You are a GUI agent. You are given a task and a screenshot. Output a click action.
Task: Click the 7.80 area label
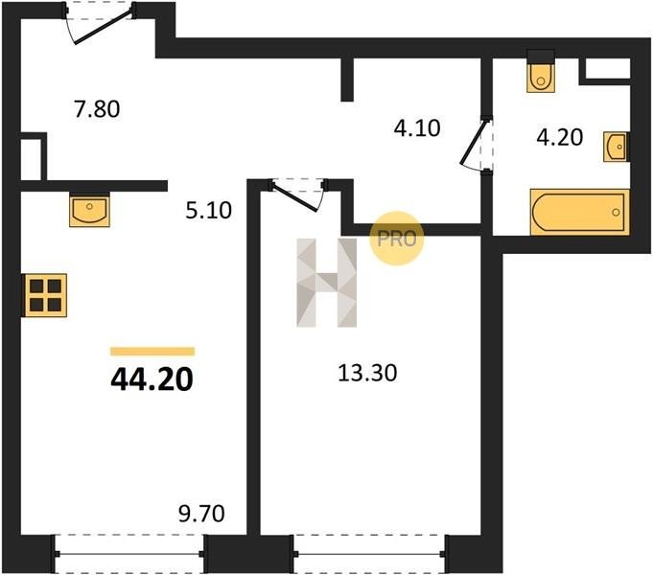97,109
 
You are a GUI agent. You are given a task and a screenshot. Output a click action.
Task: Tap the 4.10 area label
417,128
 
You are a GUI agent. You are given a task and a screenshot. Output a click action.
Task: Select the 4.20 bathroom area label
559,137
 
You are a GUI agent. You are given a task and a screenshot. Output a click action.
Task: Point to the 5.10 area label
209,211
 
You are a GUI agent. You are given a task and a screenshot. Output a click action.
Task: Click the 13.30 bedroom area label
367,373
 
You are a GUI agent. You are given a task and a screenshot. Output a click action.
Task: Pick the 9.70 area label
201,514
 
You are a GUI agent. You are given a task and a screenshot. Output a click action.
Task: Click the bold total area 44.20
152,379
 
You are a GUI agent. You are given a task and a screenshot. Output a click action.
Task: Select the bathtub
579,212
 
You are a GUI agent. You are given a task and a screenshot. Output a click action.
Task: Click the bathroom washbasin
616,147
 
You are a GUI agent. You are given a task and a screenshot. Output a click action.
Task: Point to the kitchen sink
89,210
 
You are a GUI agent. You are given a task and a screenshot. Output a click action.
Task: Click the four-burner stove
44,295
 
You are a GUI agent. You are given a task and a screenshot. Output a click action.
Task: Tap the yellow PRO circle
396,239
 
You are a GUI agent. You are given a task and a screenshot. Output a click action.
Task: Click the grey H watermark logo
326,283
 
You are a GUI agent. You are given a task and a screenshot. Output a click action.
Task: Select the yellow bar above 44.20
152,352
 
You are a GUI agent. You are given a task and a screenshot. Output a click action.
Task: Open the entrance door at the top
100,23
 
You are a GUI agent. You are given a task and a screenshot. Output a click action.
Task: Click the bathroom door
477,143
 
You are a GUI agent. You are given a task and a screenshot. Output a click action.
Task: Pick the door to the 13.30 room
297,195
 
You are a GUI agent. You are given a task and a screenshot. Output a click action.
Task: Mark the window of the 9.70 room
129,554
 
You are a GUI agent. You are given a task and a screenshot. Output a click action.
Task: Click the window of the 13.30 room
369,554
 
